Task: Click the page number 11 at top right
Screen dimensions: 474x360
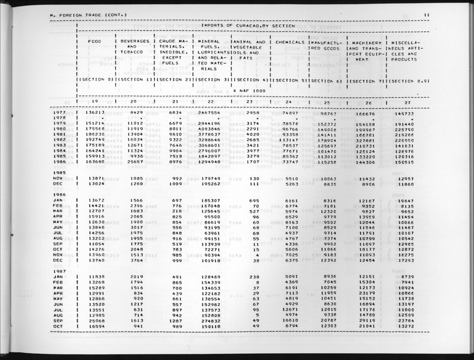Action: tap(425, 15)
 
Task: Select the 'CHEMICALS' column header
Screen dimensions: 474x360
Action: tap(289, 42)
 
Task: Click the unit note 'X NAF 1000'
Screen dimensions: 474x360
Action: tap(249, 90)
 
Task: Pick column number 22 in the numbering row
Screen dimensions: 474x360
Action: tap(210, 101)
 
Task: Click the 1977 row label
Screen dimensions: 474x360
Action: tap(60, 112)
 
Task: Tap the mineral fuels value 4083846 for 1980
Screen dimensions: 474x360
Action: tap(209, 128)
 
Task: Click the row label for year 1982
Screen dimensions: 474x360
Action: tap(60, 140)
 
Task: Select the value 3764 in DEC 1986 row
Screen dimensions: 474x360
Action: tap(137, 260)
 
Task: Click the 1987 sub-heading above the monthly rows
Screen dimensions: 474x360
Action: tap(60, 271)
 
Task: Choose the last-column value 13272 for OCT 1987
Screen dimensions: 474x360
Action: tap(408, 326)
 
